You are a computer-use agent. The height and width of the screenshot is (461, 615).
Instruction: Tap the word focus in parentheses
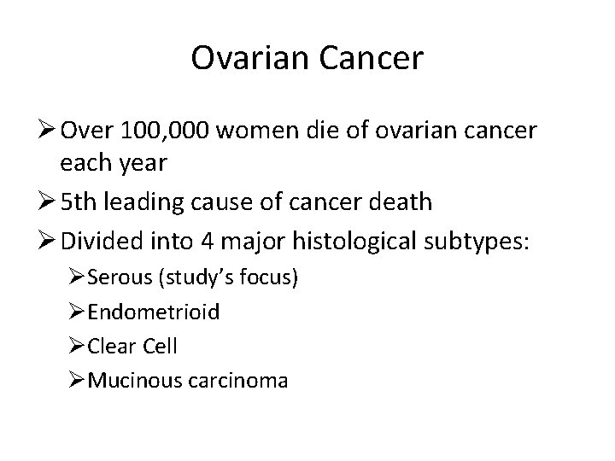point(271,278)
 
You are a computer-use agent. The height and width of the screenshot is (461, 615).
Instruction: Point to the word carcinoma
point(247,380)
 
